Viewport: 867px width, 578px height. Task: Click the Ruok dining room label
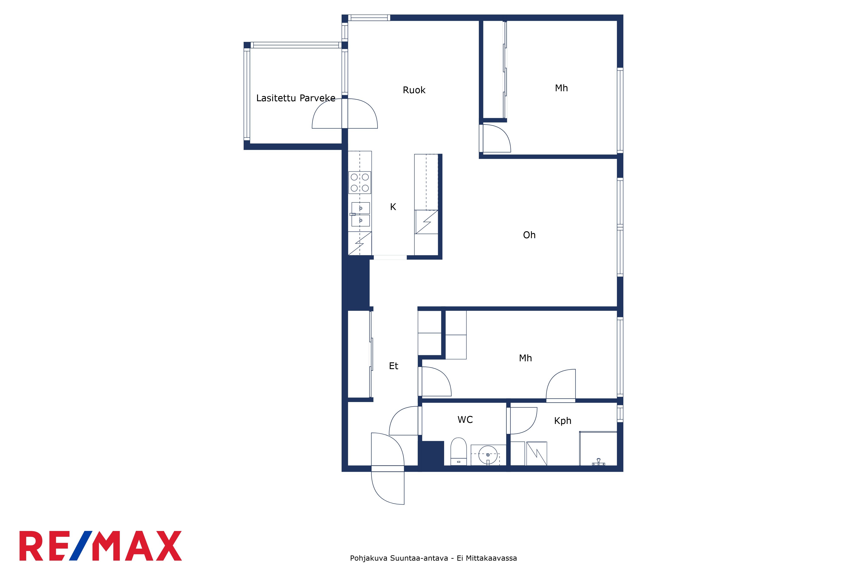pyautogui.click(x=414, y=90)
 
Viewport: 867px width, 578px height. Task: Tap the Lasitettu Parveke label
pyautogui.click(x=296, y=98)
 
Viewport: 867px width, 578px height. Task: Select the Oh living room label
pyautogui.click(x=529, y=235)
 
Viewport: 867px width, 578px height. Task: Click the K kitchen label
pyautogui.click(x=393, y=207)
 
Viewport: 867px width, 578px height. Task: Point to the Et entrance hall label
pyautogui.click(x=393, y=366)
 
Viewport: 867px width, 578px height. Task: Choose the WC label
pyautogui.click(x=465, y=420)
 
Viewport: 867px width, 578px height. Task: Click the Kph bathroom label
pyautogui.click(x=562, y=421)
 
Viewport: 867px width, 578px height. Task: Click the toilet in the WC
pyautogui.click(x=459, y=452)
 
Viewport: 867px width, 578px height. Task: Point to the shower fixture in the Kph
pyautogui.click(x=598, y=462)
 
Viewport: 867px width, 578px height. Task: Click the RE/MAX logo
pyautogui.click(x=101, y=546)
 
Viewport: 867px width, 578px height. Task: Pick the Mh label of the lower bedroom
pyautogui.click(x=525, y=358)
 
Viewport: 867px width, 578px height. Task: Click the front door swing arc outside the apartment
pyautogui.click(x=380, y=496)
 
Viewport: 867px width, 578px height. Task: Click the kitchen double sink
pyautogui.click(x=360, y=214)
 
